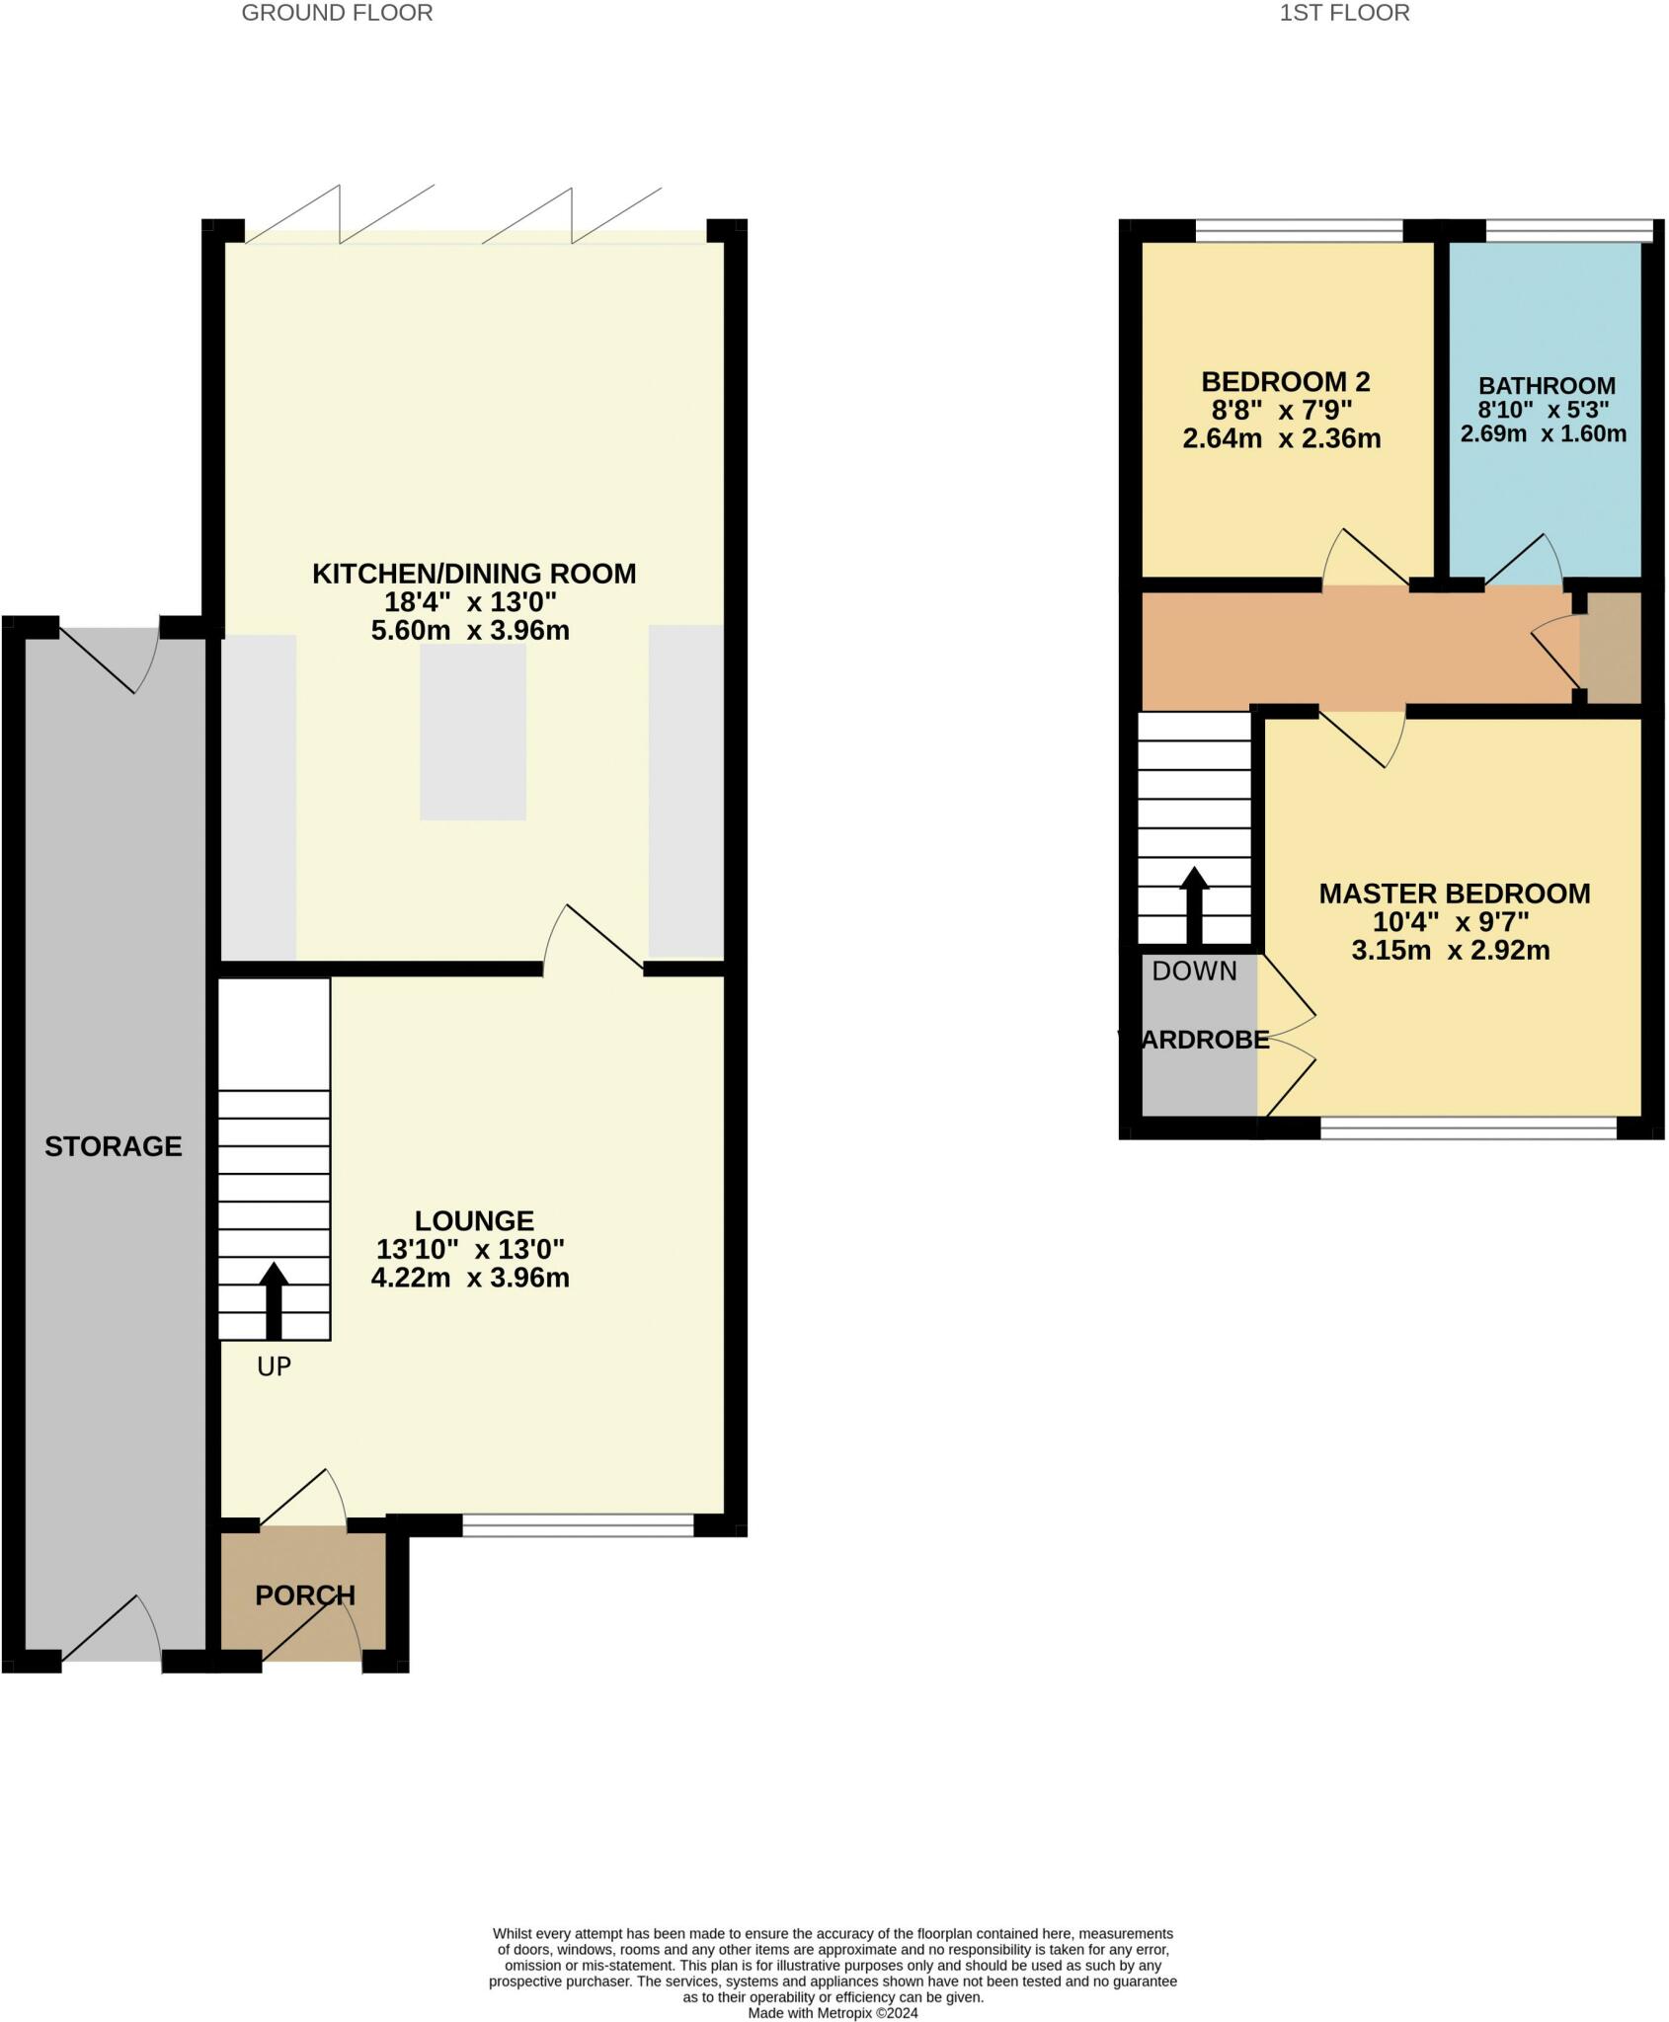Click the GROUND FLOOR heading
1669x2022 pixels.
337,13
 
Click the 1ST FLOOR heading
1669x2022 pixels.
1344,13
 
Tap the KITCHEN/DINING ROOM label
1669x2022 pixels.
474,574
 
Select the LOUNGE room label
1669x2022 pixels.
474,1220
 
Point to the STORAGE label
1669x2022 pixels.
114,1146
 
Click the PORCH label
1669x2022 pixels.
305,1595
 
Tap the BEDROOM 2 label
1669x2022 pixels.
1286,381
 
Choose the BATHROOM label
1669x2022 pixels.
1548,386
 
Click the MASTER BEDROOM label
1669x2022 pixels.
1455,894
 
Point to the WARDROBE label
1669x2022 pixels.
1194,1040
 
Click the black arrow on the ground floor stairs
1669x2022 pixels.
274,1301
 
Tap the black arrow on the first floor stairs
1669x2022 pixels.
1195,905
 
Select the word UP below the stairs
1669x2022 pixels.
274,1366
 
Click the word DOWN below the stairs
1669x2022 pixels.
1194,972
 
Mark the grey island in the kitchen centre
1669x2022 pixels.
473,732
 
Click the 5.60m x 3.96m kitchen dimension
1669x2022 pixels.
470,631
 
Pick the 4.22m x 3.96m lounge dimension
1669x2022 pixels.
470,1278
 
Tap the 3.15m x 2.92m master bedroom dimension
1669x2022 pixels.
1451,951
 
